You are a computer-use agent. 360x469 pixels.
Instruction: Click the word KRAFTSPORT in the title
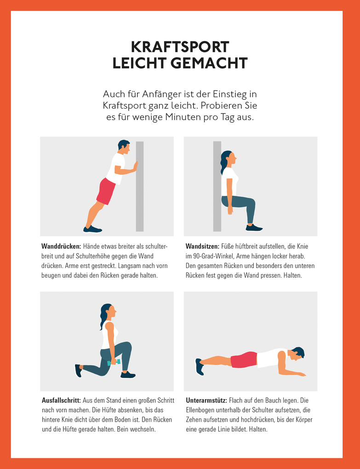coord(180,47)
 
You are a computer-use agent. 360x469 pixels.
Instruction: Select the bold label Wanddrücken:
coord(61,246)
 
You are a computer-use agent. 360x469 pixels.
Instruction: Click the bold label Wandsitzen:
coord(202,246)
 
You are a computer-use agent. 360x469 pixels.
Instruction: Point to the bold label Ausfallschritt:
coord(61,400)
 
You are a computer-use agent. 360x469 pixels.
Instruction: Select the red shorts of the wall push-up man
coord(107,190)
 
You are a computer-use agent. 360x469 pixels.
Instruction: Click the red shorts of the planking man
coord(243,360)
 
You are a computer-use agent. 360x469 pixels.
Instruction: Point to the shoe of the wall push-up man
coord(92,229)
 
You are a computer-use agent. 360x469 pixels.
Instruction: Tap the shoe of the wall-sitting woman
coord(253,228)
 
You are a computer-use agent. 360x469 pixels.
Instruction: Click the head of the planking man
coord(297,353)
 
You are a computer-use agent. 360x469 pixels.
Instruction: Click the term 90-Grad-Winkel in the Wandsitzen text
coord(214,256)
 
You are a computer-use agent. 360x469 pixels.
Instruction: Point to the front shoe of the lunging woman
coord(128,375)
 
